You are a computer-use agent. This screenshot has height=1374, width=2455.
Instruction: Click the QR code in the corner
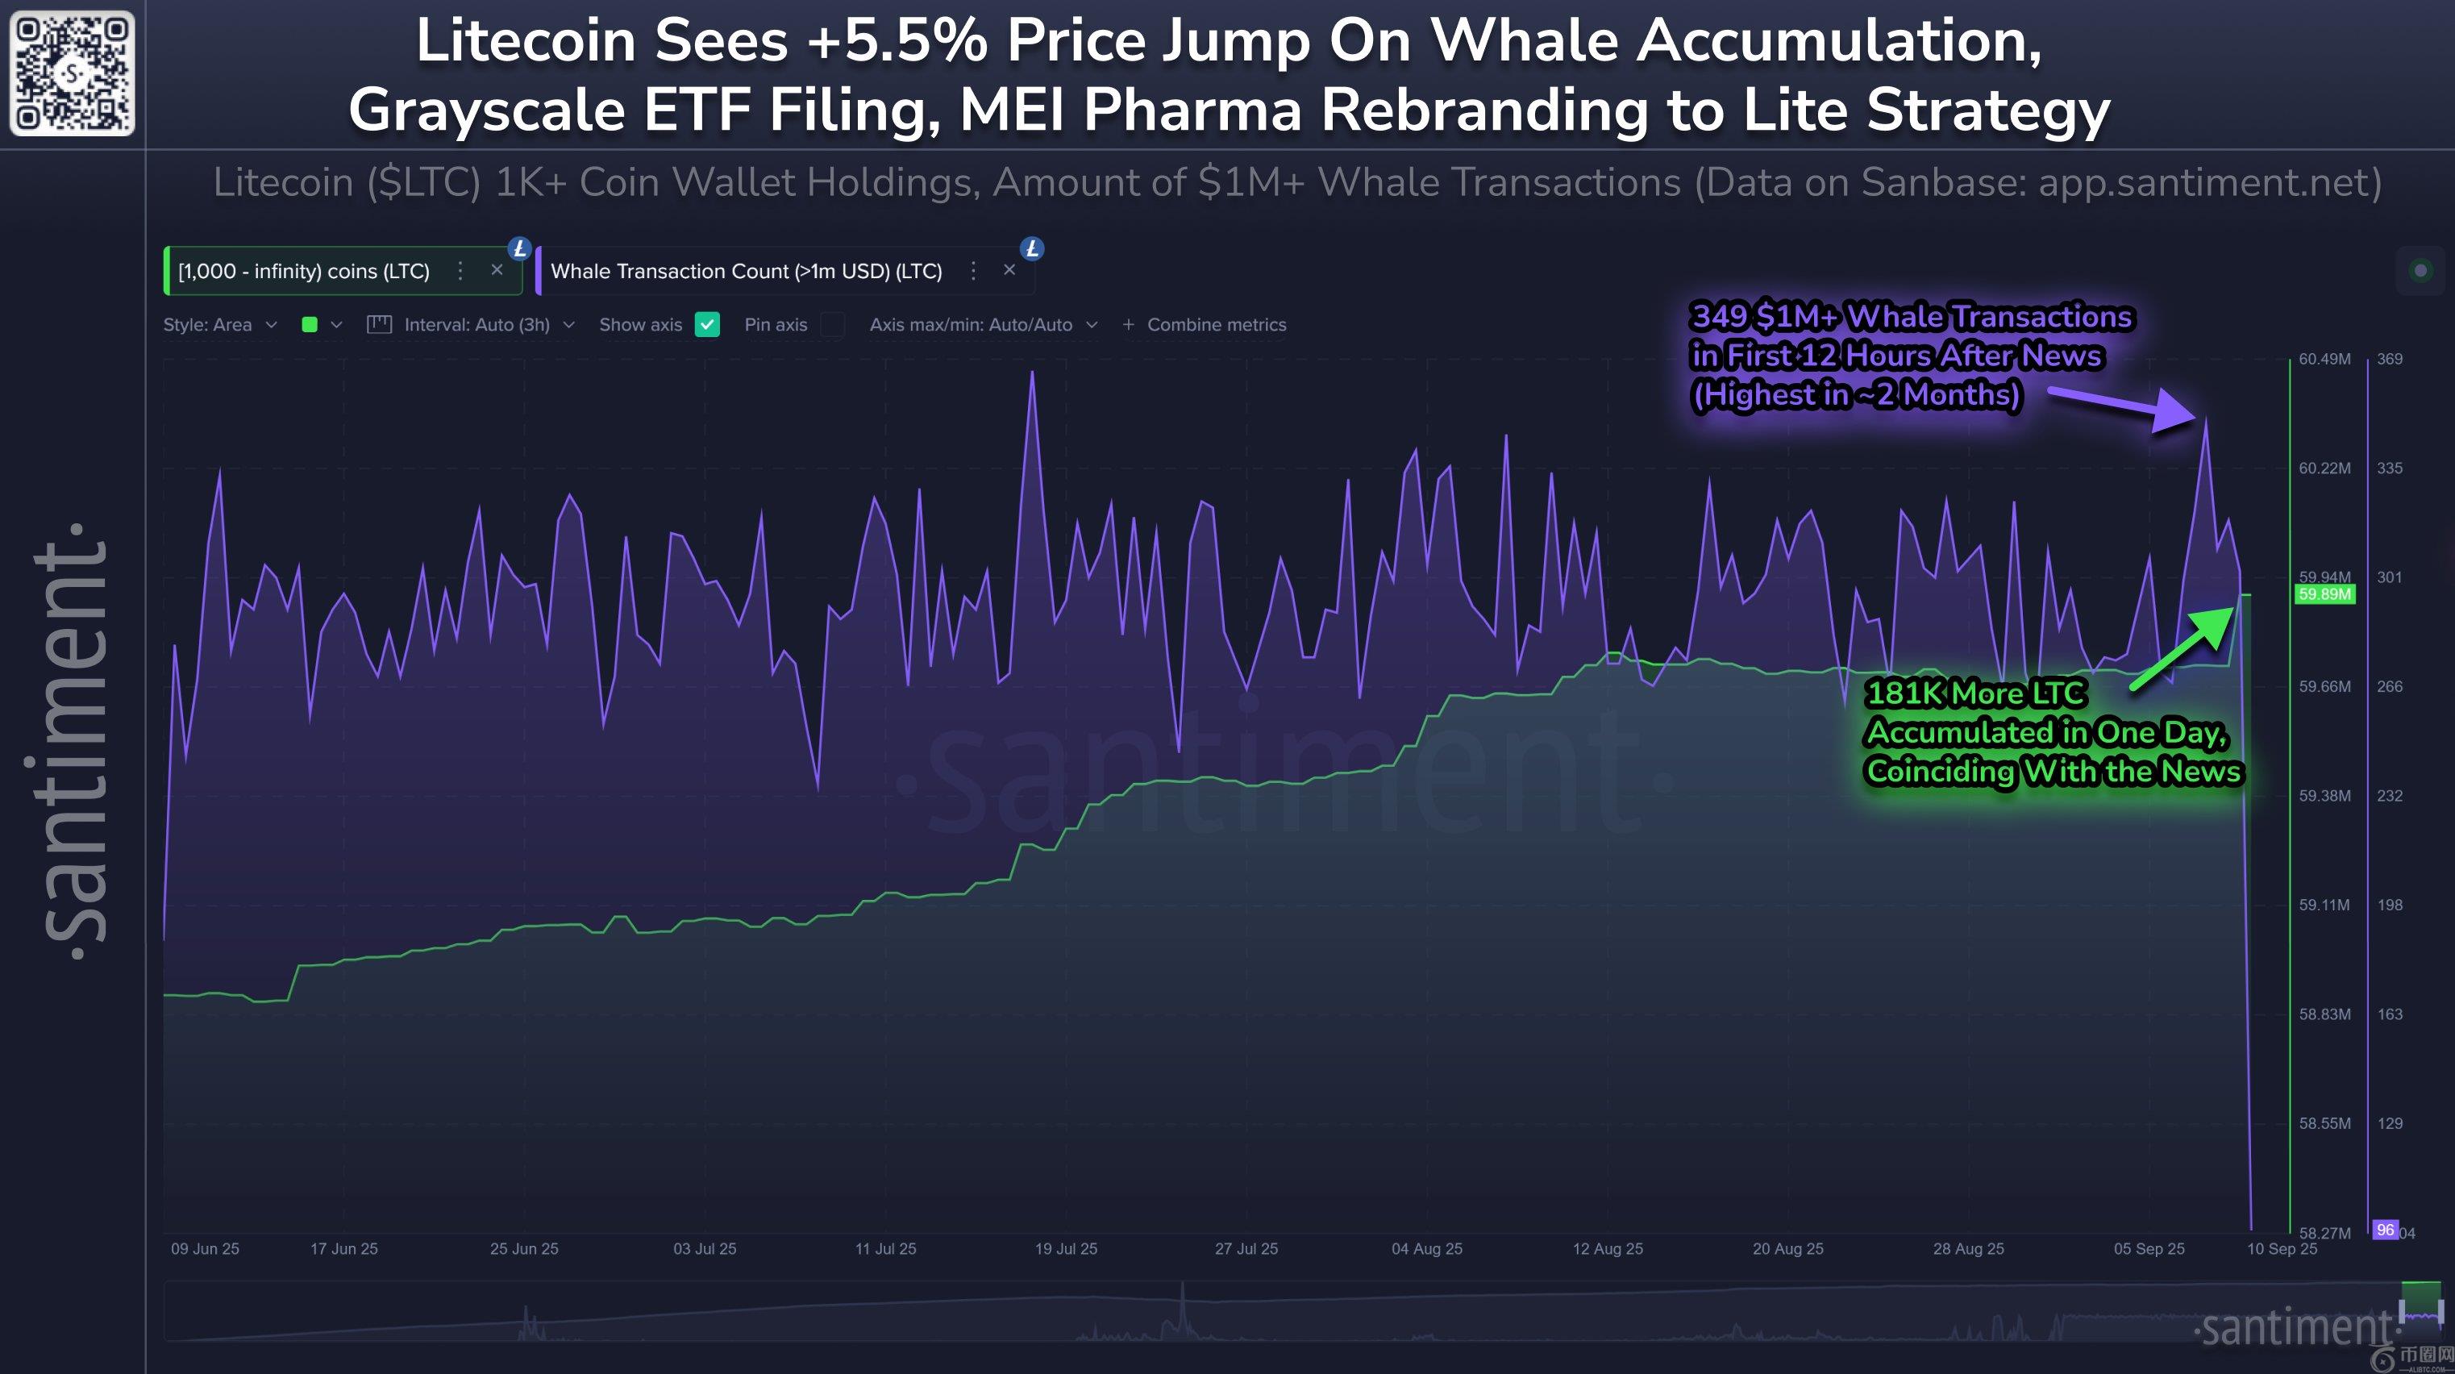72,73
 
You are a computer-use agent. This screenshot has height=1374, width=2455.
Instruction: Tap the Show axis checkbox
707,325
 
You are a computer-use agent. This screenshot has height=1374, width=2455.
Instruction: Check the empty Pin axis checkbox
833,325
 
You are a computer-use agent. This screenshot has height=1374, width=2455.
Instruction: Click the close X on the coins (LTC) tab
497,271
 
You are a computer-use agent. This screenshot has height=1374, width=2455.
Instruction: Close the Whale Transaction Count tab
1009,271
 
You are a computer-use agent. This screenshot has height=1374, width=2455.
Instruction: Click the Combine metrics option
1205,325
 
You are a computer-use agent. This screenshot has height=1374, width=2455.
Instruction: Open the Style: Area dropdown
219,325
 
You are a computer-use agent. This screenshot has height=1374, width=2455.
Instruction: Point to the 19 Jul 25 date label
1066,1248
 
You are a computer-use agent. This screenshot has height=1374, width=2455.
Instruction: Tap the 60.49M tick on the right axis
2324,359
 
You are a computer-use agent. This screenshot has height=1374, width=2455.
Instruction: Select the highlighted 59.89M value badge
2324,594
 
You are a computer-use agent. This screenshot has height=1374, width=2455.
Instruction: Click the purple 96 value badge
2385,1230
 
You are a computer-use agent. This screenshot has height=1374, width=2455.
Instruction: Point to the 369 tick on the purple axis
2389,359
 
